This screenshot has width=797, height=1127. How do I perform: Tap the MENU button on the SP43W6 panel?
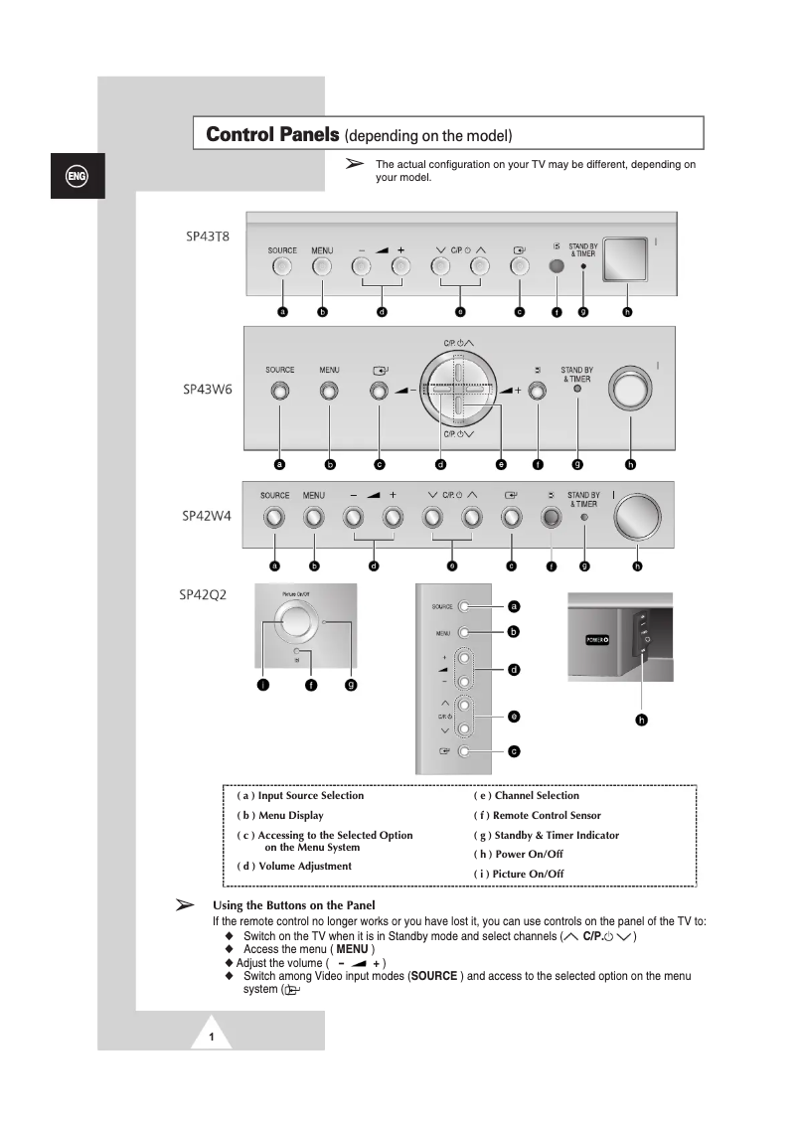[329, 391]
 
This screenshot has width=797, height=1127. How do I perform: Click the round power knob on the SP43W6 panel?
[629, 390]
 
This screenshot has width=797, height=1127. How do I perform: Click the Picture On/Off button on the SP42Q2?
[294, 622]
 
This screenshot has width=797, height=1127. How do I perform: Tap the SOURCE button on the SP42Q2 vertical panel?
[464, 606]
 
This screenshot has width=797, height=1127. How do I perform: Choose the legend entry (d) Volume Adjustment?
[294, 867]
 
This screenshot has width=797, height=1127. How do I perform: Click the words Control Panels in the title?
[272, 133]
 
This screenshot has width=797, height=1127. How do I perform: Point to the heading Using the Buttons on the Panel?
[294, 905]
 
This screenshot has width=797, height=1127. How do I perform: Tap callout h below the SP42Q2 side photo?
[642, 720]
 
